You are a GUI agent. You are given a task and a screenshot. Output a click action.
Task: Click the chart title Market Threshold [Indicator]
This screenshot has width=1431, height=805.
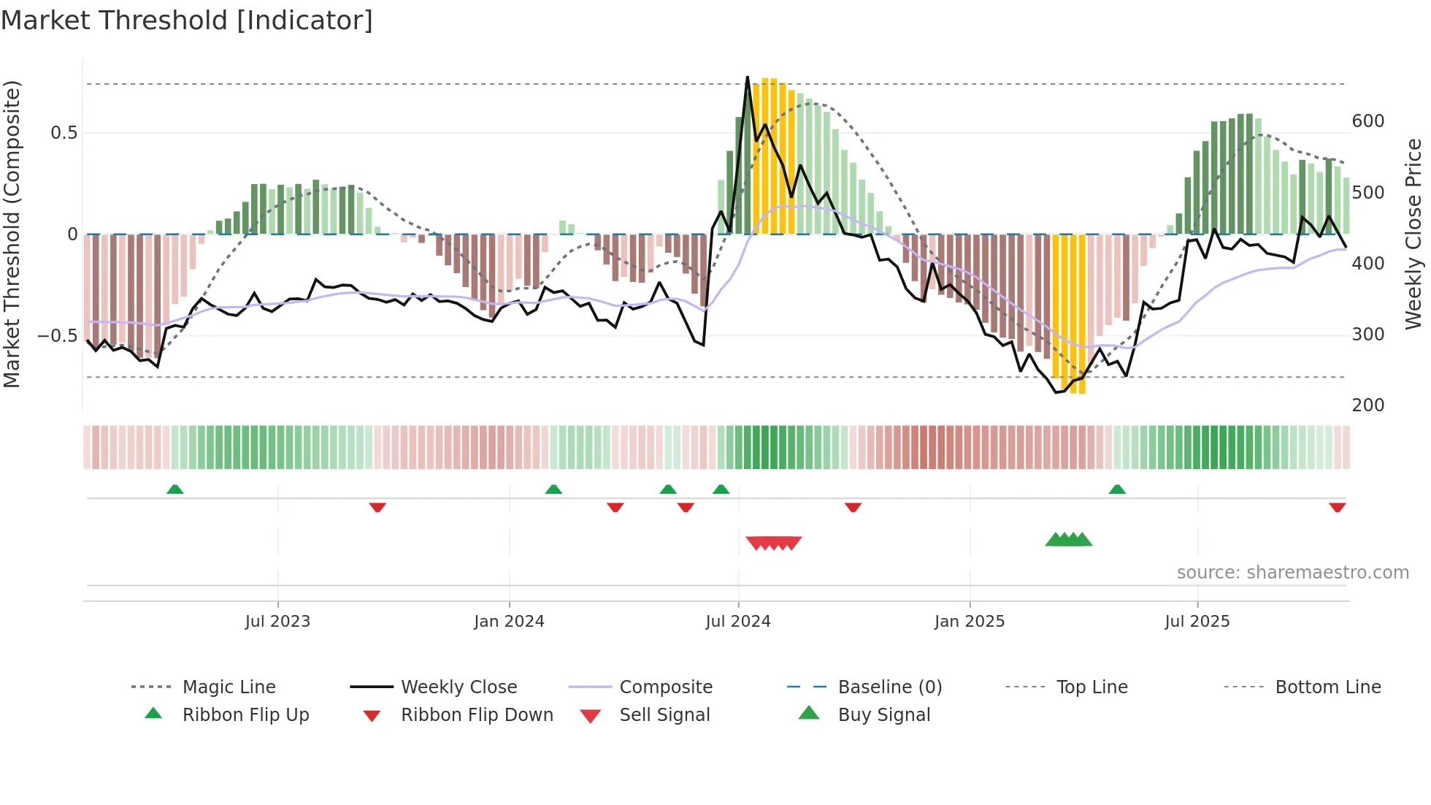tap(187, 20)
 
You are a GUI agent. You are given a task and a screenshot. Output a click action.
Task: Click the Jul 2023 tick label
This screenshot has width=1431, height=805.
tap(277, 622)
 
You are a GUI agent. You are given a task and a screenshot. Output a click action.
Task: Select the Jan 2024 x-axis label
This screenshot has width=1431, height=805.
tap(509, 622)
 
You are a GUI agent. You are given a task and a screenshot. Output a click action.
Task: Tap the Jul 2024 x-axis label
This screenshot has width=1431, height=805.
tap(738, 622)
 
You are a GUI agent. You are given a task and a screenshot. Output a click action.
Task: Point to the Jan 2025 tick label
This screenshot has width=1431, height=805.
tap(970, 622)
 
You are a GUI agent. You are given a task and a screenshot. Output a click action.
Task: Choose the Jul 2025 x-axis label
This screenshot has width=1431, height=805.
tap(1197, 622)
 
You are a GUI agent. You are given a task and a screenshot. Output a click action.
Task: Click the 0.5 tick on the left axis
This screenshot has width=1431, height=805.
tap(64, 133)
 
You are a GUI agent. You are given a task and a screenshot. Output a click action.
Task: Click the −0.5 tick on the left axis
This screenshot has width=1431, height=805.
tap(58, 336)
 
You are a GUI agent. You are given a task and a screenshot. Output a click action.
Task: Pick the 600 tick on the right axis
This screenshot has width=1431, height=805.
tap(1368, 121)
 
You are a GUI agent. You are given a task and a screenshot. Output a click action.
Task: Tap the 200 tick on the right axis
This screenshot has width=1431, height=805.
tap(1368, 405)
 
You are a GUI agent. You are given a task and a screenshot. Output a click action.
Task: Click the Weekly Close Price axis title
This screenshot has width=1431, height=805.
tap(1413, 234)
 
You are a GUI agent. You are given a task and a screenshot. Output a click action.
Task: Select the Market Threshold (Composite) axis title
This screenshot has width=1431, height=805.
tap(12, 234)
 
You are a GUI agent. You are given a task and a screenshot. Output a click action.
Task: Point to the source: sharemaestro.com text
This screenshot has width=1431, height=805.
tap(1292, 573)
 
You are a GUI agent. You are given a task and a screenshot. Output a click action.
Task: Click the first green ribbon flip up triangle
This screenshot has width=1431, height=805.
tap(174, 489)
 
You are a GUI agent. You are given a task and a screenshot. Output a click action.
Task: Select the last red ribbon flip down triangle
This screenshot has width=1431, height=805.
tap(1337, 508)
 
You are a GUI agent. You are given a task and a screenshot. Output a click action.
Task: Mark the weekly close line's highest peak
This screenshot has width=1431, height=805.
tap(748, 77)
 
